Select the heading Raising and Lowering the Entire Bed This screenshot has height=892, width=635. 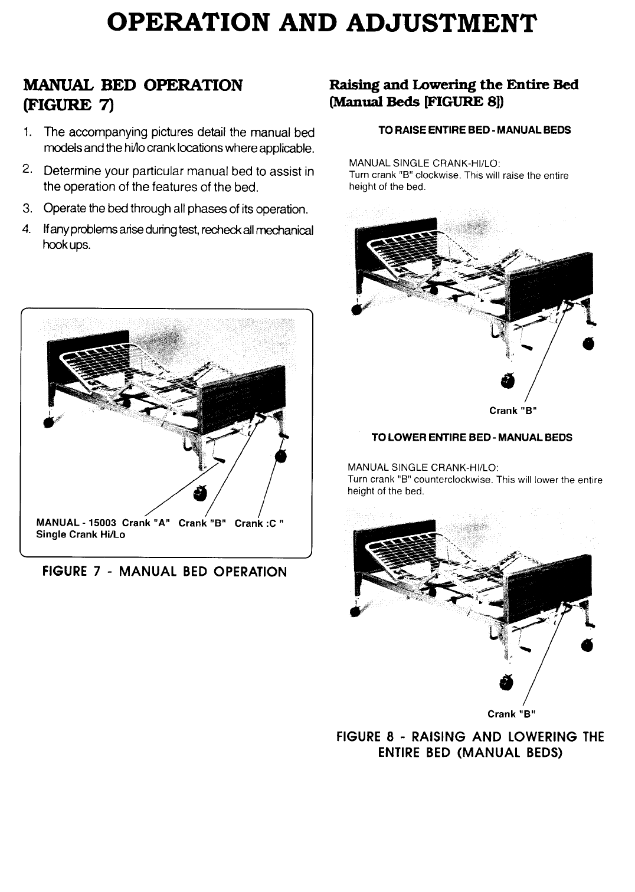pyautogui.click(x=453, y=84)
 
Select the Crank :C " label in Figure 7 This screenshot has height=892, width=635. pyautogui.click(x=260, y=523)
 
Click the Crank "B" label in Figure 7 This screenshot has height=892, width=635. pyautogui.click(x=203, y=523)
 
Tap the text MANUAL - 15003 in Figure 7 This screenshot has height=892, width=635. pyautogui.click(x=77, y=523)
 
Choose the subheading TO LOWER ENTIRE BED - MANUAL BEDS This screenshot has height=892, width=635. pyautogui.click(x=472, y=437)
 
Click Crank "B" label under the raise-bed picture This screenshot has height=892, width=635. pyautogui.click(x=512, y=411)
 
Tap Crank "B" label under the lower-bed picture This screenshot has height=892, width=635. pyautogui.click(x=511, y=714)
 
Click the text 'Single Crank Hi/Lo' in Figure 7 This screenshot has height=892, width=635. pyautogui.click(x=81, y=534)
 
